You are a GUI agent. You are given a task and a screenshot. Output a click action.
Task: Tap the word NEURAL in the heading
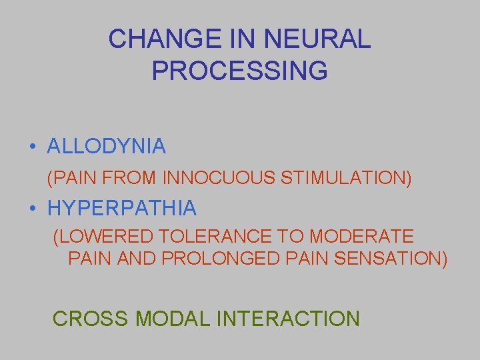(317, 39)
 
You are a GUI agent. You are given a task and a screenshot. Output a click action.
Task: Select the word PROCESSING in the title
(240, 71)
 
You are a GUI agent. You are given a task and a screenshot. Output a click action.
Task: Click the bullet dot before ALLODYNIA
(32, 147)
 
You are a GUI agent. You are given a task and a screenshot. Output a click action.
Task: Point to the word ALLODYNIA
(107, 147)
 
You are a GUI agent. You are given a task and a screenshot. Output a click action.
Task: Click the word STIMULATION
(347, 178)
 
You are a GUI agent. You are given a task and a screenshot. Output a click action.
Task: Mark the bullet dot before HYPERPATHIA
(32, 209)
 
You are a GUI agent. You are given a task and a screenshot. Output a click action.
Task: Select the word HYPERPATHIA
(122, 209)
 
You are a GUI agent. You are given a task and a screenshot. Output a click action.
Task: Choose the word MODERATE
(362, 237)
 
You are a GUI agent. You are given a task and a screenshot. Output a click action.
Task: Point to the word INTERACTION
(287, 319)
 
